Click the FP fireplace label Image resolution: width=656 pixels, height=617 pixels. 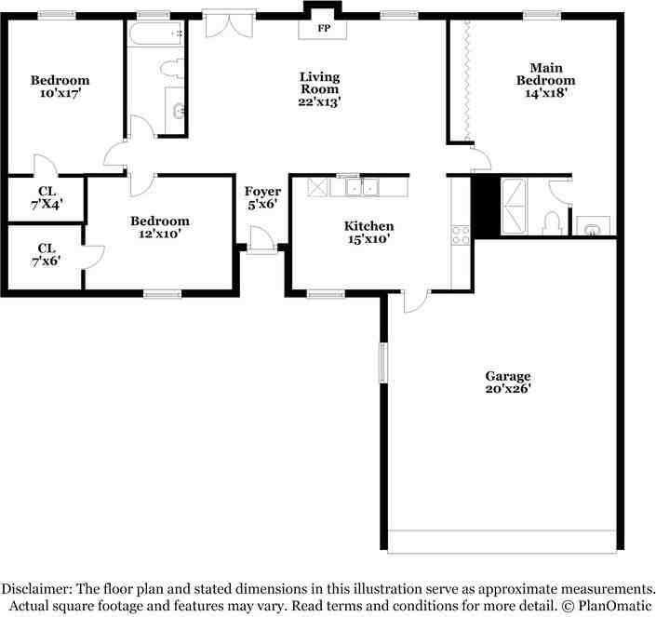pos(324,29)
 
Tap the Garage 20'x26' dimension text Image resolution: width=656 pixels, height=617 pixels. pos(508,389)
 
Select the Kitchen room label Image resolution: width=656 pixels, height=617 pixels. pos(368,226)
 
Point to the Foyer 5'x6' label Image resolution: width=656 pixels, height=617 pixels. pos(262,197)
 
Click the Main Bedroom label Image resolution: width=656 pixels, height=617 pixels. pos(545,74)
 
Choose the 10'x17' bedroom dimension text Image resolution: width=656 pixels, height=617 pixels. pos(60,93)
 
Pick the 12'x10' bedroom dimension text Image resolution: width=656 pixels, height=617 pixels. pos(159,234)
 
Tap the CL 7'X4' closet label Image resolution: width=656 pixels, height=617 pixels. pos(47,198)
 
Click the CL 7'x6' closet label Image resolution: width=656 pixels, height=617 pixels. pos(46,255)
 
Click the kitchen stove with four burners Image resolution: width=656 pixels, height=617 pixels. pos(461,235)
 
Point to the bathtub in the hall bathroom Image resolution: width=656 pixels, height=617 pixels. pos(154,34)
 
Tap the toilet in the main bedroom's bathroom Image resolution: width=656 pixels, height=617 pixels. pos(552,223)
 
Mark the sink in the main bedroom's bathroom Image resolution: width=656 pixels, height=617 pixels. pos(593,226)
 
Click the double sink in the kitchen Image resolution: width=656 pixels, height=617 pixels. pos(362,187)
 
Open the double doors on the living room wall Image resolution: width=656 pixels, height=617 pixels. pos(229,24)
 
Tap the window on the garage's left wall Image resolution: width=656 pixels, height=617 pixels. pos(383,363)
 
